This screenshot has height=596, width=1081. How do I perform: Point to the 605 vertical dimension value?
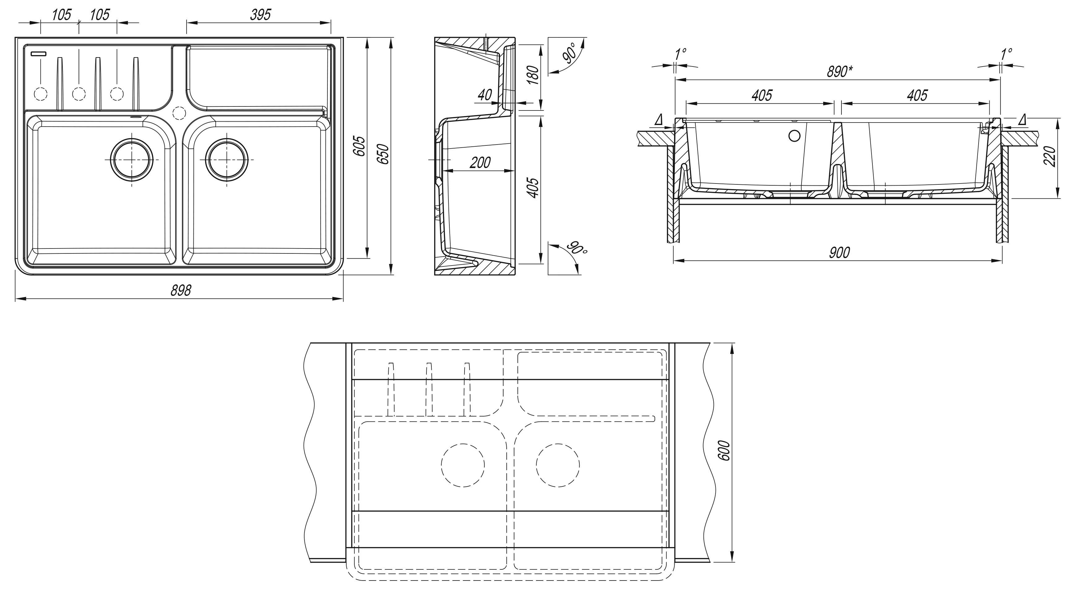click(360, 146)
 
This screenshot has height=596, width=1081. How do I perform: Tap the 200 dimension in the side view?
click(480, 162)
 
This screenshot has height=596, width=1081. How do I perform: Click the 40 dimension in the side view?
click(485, 95)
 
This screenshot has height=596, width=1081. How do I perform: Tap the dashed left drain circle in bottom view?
click(463, 465)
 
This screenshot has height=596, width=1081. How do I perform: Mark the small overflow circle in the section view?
click(794, 136)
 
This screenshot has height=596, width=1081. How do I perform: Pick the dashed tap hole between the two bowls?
click(179, 113)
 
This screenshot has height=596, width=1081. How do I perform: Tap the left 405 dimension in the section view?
click(762, 96)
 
